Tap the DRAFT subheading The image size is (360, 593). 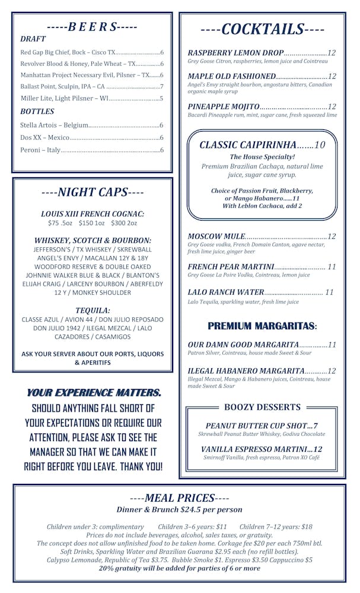[33, 39]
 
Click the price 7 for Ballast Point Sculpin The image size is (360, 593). [161, 87]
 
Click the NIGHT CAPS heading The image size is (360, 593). [93, 192]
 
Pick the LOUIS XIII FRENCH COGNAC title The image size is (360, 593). [93, 213]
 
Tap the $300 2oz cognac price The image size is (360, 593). [124, 224]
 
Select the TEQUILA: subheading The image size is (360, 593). [93, 310]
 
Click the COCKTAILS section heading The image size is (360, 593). [262, 29]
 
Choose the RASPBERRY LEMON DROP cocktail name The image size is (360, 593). [235, 53]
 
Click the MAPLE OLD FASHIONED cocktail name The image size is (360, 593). [232, 76]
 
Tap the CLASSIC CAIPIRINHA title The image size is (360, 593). [247, 145]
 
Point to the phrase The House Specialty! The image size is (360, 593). [262, 157]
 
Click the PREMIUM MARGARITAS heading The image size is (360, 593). [262, 326]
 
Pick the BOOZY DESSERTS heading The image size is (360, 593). [262, 407]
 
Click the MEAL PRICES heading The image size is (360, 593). [180, 498]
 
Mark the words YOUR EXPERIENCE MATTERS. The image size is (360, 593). [94, 393]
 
